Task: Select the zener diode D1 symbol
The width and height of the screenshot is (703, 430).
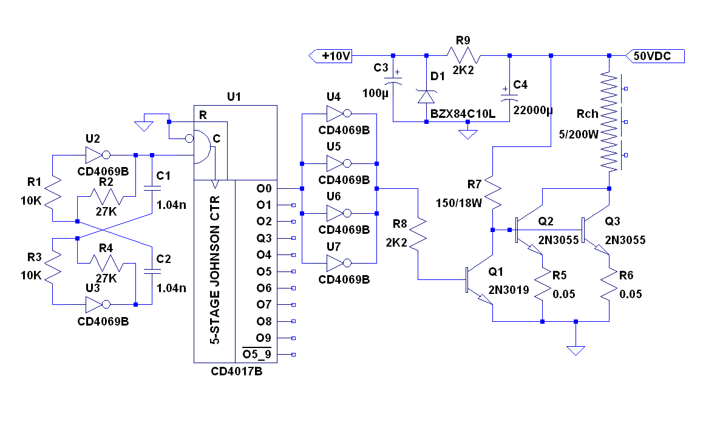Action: (426, 96)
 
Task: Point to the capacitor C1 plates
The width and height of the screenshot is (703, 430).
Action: (151, 188)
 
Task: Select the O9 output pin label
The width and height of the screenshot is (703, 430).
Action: (263, 338)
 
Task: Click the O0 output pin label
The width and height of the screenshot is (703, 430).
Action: (263, 189)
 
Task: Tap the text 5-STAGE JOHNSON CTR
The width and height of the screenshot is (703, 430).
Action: (214, 270)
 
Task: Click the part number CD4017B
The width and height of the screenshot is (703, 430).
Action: (237, 371)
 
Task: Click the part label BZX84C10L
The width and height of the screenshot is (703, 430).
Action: (463, 114)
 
